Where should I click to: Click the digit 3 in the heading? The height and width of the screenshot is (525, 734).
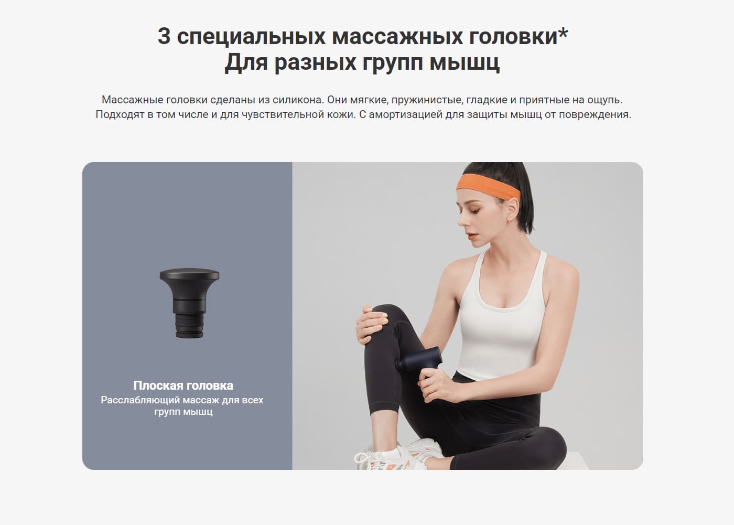164,37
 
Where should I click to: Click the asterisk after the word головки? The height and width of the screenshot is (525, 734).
563,34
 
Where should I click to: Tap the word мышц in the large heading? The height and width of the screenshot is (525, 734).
465,63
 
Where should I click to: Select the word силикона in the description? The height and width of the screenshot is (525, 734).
297,100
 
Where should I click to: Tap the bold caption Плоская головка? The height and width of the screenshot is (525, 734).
183,385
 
